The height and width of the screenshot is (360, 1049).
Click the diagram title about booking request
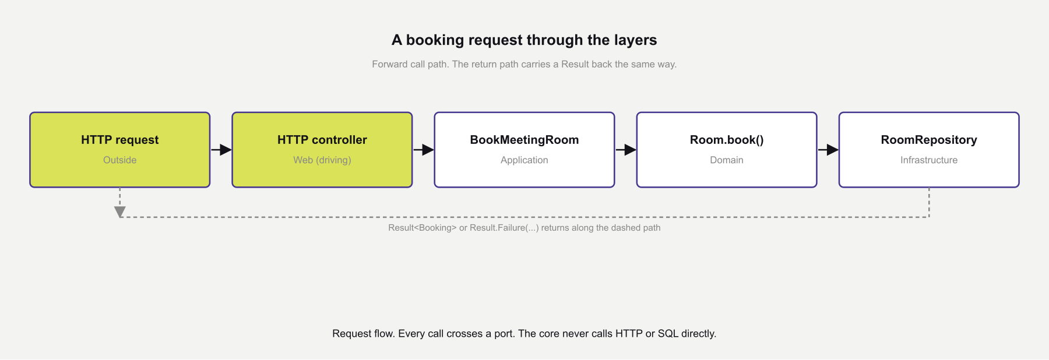click(x=524, y=40)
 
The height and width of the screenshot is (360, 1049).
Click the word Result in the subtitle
click(x=575, y=64)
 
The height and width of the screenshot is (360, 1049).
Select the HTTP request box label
click(x=119, y=140)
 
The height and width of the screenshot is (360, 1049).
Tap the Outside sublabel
click(x=119, y=160)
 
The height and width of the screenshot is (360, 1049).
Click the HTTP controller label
click(x=322, y=140)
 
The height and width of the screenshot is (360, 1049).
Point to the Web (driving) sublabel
click(x=322, y=160)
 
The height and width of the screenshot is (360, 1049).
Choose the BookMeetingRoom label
click(x=524, y=140)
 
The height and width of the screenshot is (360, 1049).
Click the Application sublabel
click(x=524, y=160)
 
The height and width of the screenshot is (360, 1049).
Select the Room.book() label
click(x=726, y=140)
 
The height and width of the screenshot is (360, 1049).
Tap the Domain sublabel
click(x=726, y=160)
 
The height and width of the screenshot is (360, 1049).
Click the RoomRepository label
click(x=928, y=140)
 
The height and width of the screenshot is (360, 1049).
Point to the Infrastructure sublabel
click(x=928, y=160)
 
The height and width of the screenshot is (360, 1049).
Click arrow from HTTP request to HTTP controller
click(x=221, y=150)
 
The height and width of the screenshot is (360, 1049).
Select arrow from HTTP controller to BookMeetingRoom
click(x=423, y=150)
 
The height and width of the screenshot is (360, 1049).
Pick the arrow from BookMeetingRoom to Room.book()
click(x=625, y=150)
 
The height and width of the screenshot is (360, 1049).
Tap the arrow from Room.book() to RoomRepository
click(x=828, y=150)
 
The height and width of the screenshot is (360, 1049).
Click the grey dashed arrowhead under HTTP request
click(x=119, y=211)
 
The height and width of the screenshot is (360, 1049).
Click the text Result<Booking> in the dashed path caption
click(x=422, y=228)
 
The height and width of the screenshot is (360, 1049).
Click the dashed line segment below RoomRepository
click(x=929, y=202)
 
